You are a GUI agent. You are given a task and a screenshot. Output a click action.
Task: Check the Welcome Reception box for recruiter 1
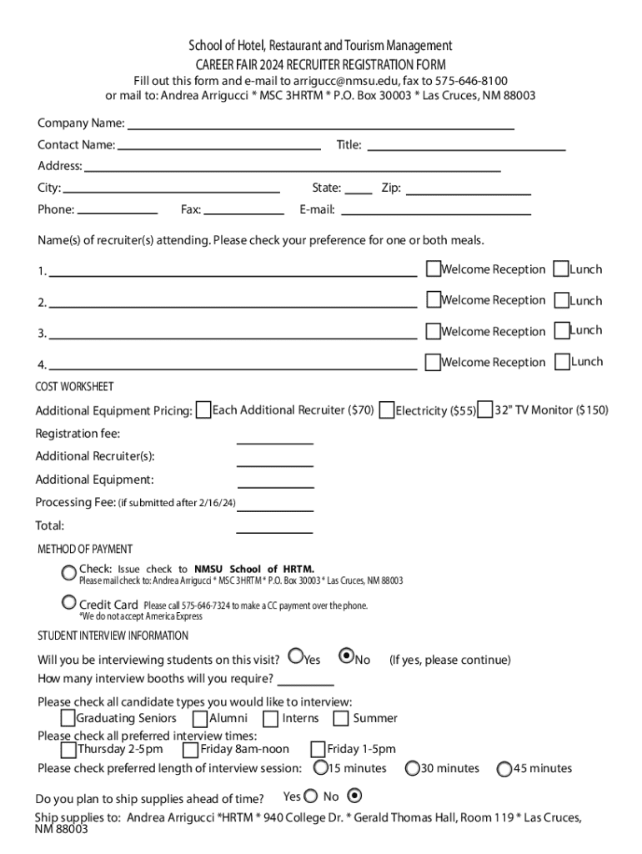click(433, 269)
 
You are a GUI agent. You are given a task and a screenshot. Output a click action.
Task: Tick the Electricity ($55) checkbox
click(386, 410)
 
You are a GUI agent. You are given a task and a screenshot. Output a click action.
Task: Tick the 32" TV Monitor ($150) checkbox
click(485, 410)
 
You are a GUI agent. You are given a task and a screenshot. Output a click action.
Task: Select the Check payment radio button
click(69, 572)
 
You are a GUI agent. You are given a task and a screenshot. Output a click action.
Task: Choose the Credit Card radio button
click(69, 602)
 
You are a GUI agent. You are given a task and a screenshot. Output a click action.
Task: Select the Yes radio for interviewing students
click(296, 656)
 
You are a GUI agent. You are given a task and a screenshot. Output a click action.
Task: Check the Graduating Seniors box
click(68, 718)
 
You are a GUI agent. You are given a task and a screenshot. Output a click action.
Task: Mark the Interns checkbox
click(271, 718)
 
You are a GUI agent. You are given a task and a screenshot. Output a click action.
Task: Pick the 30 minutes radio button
click(413, 767)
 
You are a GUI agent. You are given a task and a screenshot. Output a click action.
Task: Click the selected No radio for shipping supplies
click(354, 795)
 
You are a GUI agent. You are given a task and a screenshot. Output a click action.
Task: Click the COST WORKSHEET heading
click(74, 387)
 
